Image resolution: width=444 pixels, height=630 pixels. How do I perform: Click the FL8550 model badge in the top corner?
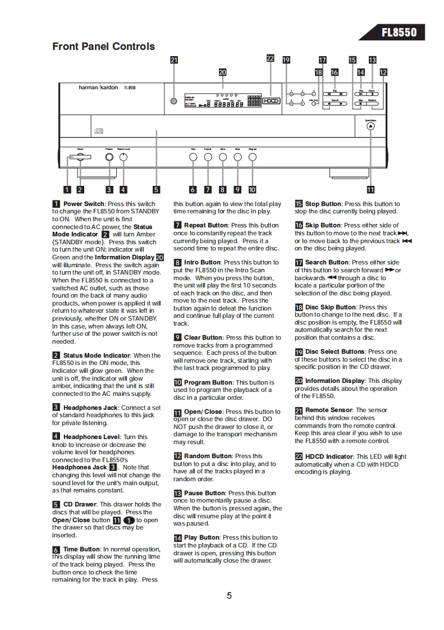pos(399,33)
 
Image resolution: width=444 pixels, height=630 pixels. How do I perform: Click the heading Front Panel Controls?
pos(103,47)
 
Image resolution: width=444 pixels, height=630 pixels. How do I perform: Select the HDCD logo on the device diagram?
pos(271,101)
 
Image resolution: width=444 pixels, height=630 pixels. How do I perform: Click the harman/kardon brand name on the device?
pos(93,88)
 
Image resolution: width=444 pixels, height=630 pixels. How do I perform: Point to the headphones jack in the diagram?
pos(109,158)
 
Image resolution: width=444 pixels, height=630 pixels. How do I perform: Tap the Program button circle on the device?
pos(252,158)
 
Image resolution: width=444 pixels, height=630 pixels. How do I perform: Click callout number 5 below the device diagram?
pos(156,190)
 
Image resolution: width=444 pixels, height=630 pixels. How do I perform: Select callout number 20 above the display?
pos(222,72)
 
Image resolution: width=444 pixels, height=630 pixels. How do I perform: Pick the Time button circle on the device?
pos(193,158)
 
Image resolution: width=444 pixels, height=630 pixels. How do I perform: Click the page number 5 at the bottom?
pos(229,596)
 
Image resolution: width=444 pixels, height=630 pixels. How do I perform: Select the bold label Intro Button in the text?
pos(202,262)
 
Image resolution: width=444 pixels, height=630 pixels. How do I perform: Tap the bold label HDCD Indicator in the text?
pos(329,456)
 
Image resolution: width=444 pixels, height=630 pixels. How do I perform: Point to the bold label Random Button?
pos(208,456)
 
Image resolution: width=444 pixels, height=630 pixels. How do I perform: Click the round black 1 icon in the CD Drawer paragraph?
pos(129,521)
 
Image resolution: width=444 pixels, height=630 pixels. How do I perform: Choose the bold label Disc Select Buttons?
pos(335,351)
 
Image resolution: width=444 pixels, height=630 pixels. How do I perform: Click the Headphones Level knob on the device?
pos(123,158)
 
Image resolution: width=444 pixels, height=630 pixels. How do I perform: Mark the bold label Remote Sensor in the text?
pos(329,410)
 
